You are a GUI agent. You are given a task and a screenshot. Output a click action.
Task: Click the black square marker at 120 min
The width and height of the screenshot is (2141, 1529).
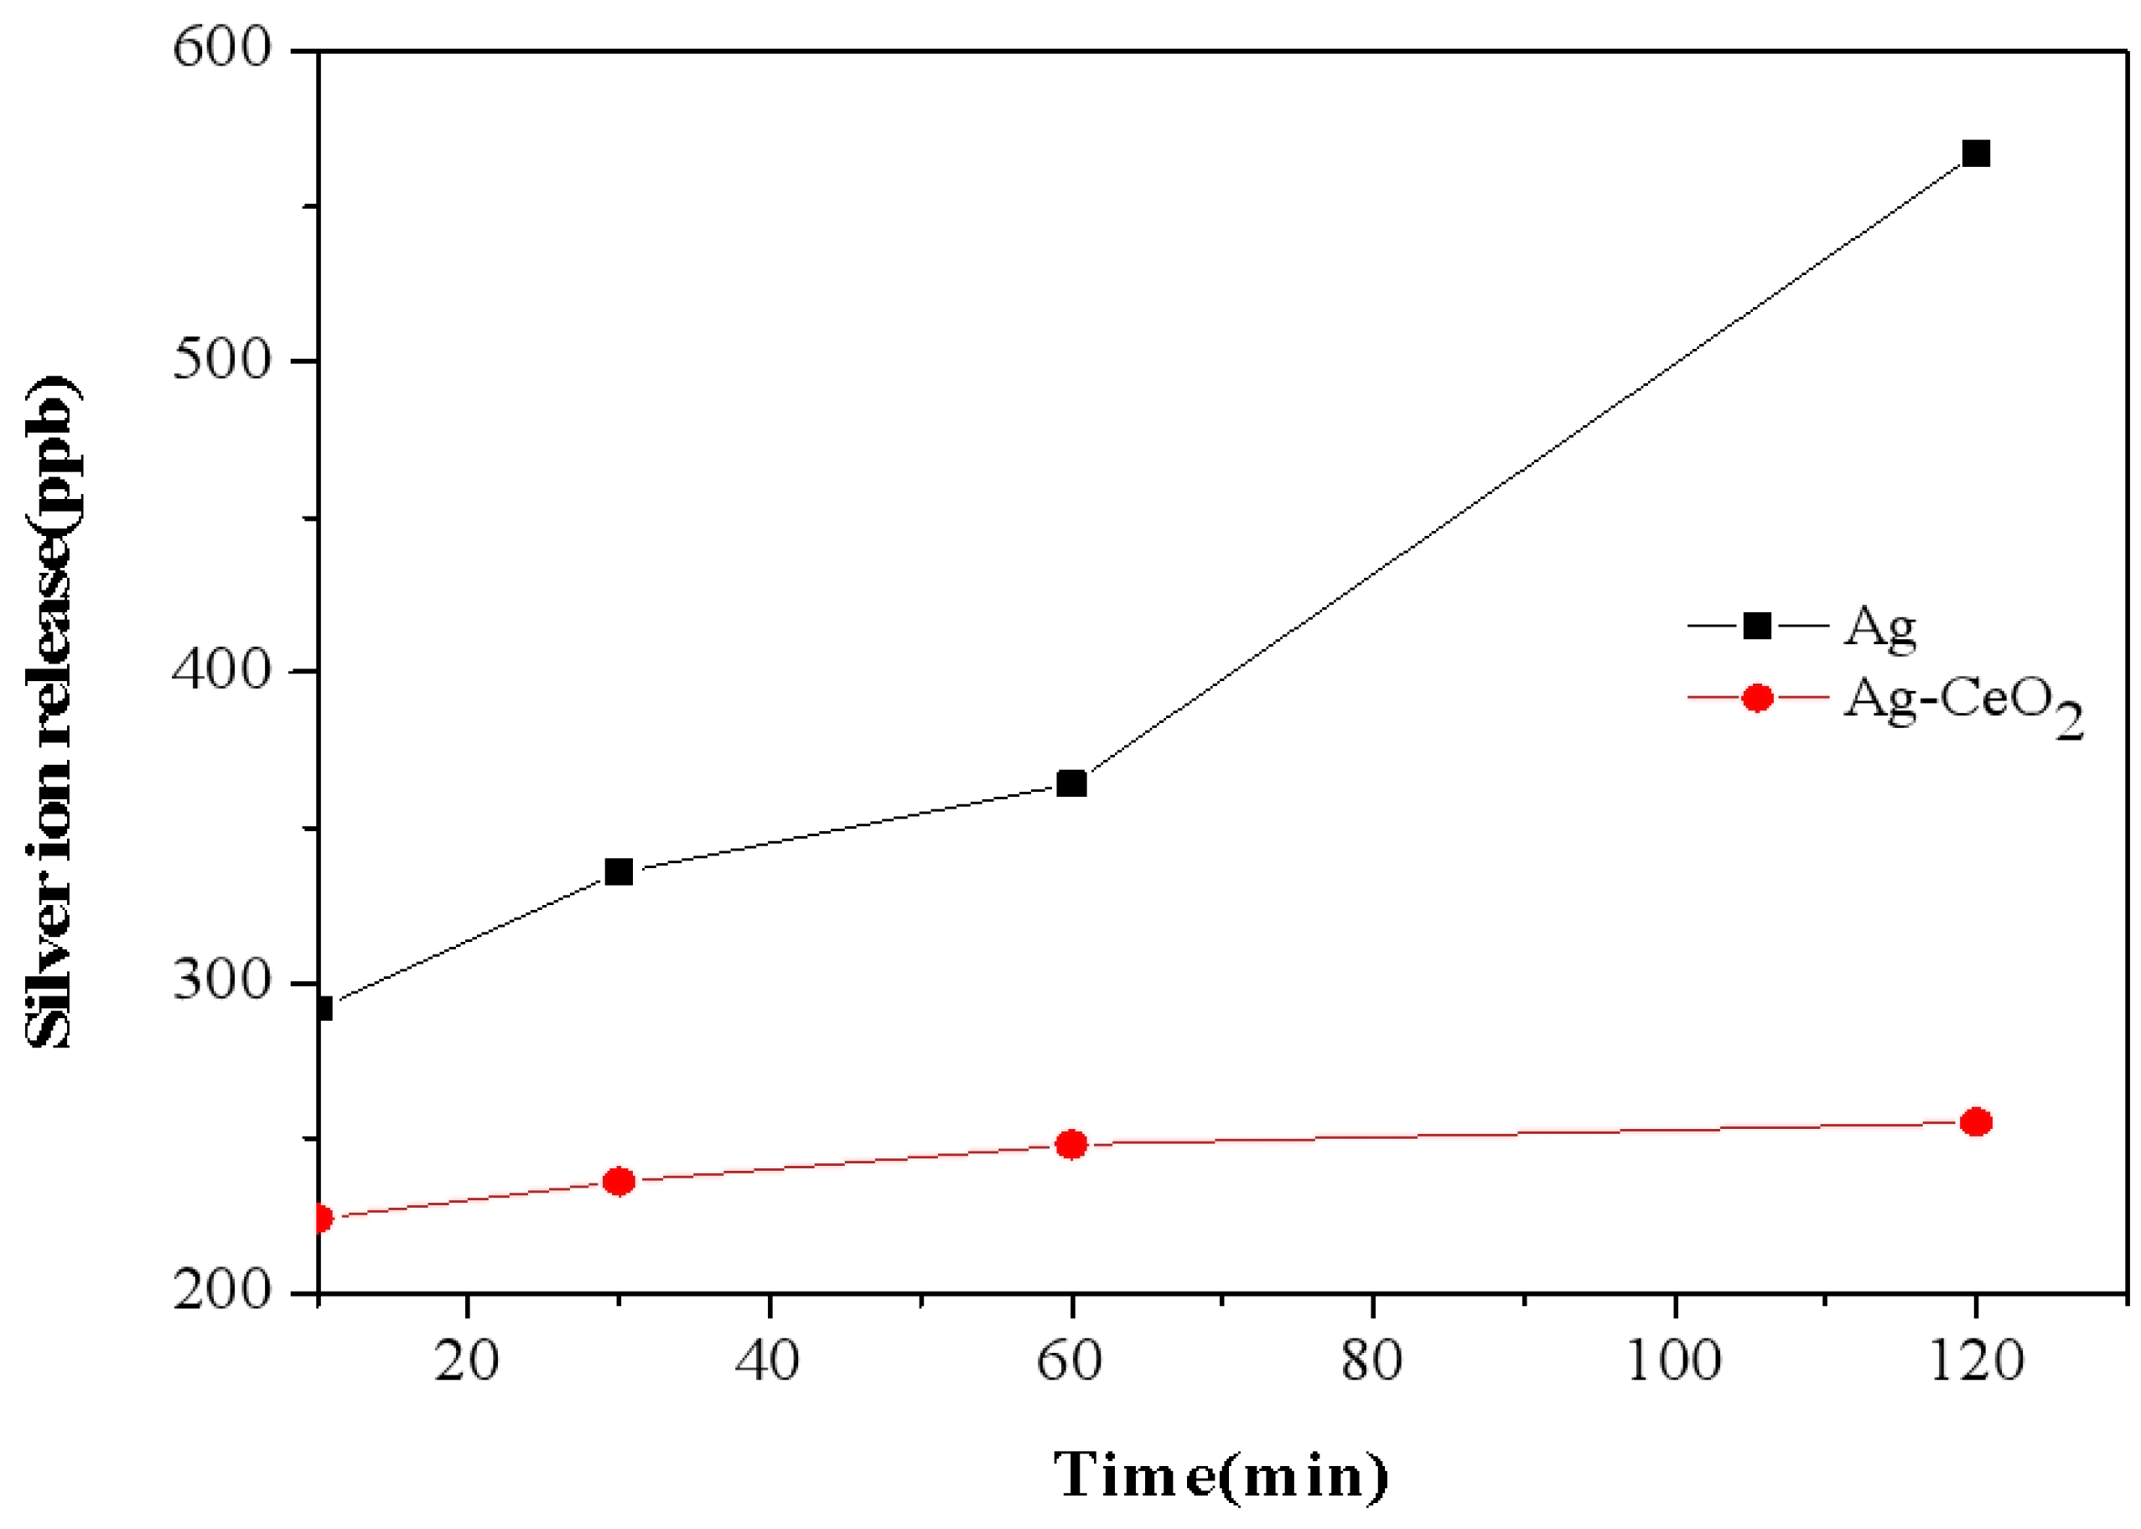coord(1975,153)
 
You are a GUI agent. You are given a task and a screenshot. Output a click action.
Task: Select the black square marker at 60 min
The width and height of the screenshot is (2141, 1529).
coord(1071,783)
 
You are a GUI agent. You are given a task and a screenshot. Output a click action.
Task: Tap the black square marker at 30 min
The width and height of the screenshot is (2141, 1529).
coord(619,871)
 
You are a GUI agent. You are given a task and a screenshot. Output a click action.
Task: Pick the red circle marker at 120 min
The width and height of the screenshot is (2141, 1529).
coord(1975,1121)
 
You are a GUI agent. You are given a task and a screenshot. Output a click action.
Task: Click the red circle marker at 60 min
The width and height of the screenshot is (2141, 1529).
coord(1071,1144)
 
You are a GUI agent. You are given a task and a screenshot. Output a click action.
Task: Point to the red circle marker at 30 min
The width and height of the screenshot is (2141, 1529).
coord(619,1181)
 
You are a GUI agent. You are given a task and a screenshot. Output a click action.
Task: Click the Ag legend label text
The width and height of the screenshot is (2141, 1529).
coord(1879,626)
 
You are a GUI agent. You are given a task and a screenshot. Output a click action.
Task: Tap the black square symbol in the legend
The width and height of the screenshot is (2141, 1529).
coord(1757,625)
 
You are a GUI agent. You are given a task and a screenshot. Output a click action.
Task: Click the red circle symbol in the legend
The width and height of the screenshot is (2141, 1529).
coord(1757,698)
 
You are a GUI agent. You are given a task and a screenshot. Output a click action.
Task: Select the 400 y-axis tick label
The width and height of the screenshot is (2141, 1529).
coord(222,669)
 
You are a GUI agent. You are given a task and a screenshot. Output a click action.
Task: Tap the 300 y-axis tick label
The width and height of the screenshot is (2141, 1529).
coord(222,981)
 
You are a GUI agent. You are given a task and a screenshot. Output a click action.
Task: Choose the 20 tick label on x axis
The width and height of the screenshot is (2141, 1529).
coord(466,1360)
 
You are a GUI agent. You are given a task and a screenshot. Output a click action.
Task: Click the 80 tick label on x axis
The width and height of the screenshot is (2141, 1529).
coord(1371,1360)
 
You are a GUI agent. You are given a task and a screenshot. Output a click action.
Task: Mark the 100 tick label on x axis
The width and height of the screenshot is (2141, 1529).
coord(1673,1360)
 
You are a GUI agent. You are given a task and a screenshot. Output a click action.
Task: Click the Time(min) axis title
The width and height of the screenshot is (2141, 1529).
coord(1221,1474)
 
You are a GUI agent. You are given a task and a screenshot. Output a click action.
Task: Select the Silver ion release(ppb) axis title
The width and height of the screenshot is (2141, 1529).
coord(52,713)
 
